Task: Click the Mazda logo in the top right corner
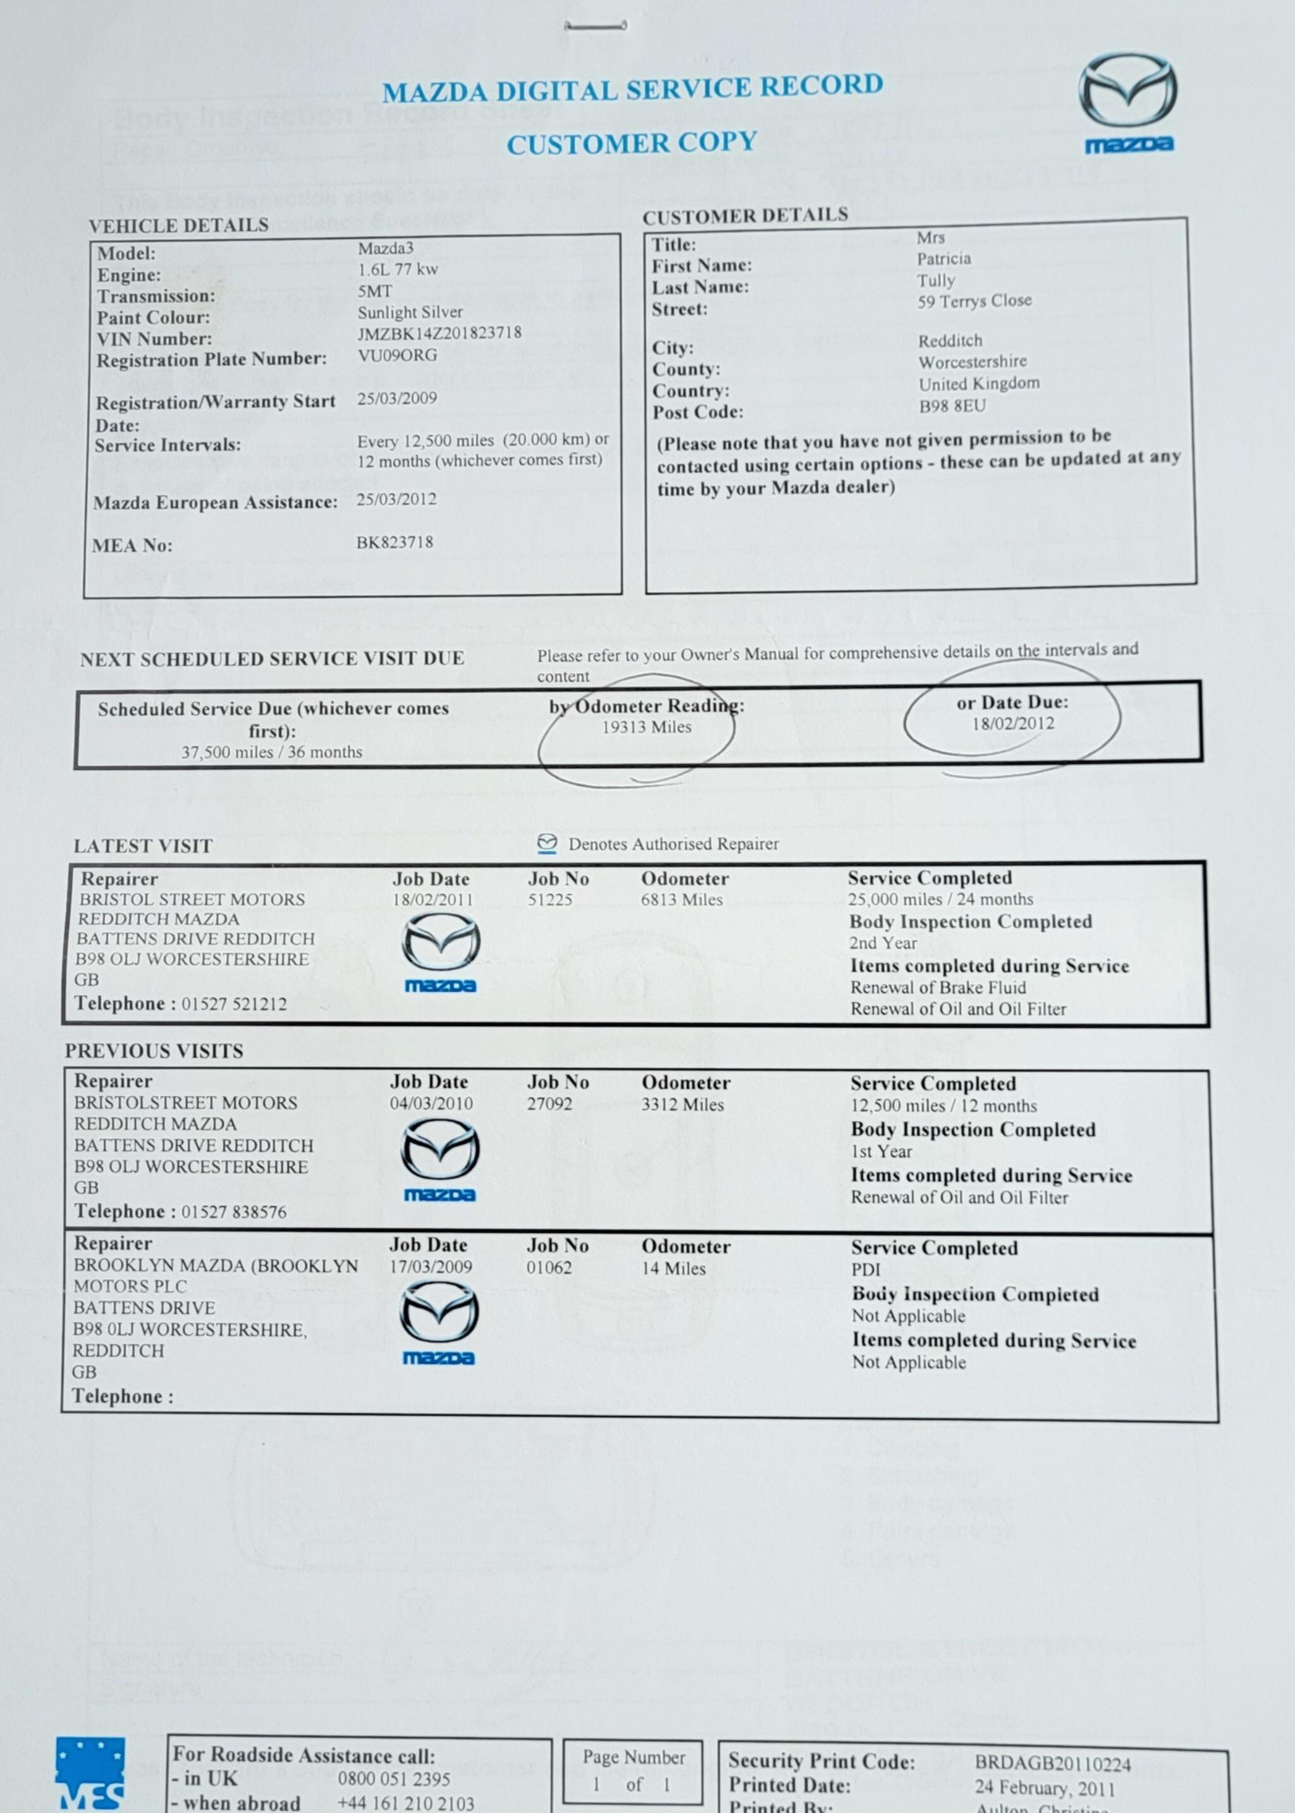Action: click(1127, 100)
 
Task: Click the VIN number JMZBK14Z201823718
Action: click(439, 333)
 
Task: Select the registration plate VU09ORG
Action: click(397, 355)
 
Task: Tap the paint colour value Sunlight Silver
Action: click(410, 312)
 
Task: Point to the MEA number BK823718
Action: click(395, 542)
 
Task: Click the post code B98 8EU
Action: click(952, 406)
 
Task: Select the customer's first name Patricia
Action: click(943, 259)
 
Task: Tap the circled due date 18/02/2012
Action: click(1013, 724)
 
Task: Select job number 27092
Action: click(549, 1104)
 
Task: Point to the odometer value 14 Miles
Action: click(674, 1268)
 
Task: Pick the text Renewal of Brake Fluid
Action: click(938, 987)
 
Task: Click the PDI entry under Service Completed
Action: click(866, 1269)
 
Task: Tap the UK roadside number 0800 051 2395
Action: click(394, 1779)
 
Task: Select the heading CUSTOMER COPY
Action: click(632, 144)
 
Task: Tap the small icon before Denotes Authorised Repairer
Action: click(547, 844)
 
